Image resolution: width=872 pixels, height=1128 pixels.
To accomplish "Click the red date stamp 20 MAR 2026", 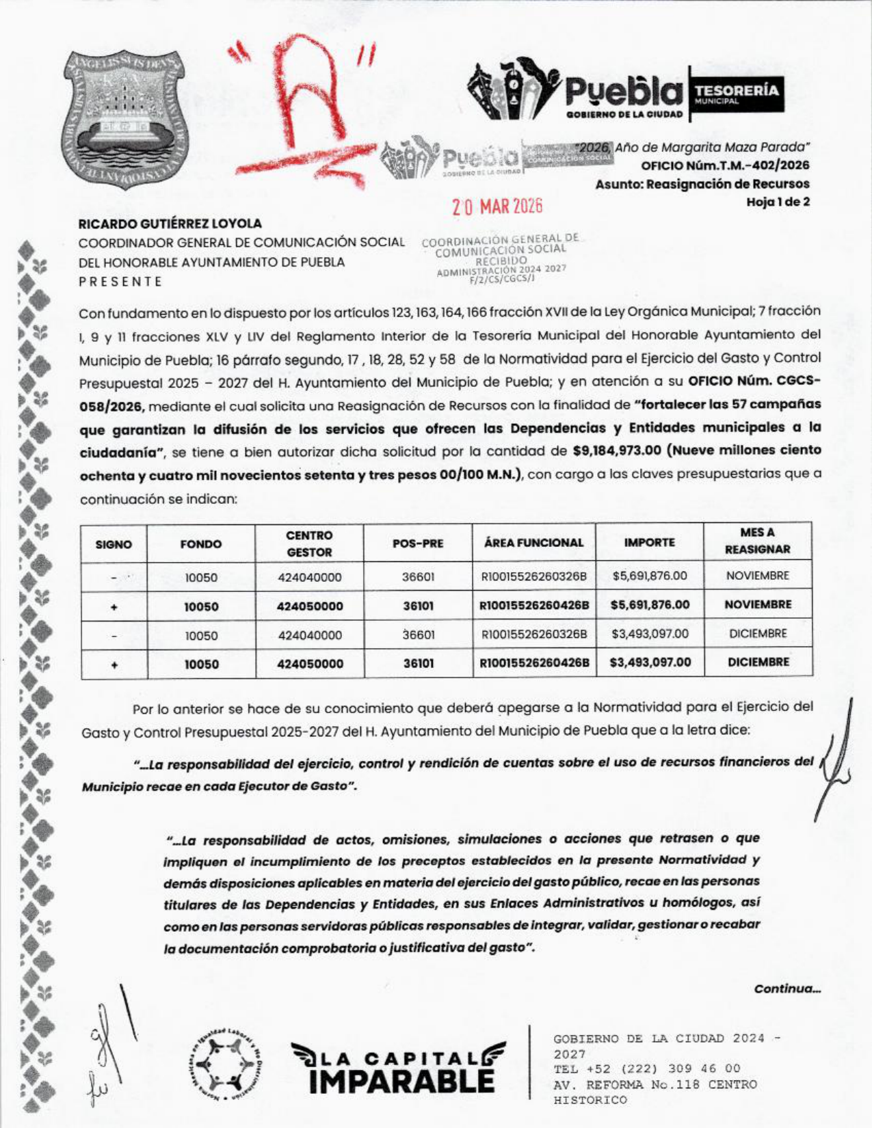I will pyautogui.click(x=497, y=206).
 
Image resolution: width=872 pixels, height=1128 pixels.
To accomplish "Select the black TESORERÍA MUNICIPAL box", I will pyautogui.click(x=736, y=94).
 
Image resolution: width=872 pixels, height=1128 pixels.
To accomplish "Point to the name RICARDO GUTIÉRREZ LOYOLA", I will pyautogui.click(x=170, y=224).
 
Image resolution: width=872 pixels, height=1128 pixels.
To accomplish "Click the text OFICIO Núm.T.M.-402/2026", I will pyautogui.click(x=725, y=165).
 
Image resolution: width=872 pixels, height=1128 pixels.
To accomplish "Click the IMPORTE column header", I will pyautogui.click(x=649, y=543).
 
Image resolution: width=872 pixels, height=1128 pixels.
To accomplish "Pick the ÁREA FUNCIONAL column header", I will pyautogui.click(x=533, y=543).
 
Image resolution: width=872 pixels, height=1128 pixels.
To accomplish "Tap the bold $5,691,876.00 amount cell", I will pyautogui.click(x=649, y=605).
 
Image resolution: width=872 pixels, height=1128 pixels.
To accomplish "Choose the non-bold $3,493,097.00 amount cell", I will pyautogui.click(x=649, y=634).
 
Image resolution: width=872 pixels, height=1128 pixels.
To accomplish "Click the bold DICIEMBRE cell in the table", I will pyautogui.click(x=758, y=662).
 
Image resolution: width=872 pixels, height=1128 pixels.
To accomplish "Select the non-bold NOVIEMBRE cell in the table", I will pyautogui.click(x=758, y=576).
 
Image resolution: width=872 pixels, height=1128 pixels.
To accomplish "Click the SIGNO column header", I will pyautogui.click(x=114, y=544).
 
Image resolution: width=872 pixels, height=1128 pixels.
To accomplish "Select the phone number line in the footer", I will pyautogui.click(x=647, y=1069).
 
